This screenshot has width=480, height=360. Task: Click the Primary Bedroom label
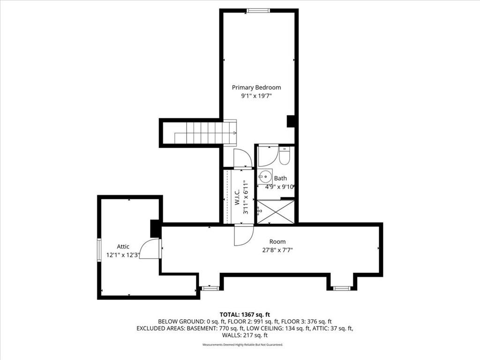pos(256,88)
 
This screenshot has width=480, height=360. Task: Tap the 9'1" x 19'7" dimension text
pos(256,96)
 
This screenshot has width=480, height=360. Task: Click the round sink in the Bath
pos(263,176)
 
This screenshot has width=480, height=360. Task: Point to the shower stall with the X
pos(276,212)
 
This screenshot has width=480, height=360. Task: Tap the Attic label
pos(123,247)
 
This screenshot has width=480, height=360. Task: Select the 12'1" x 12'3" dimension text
pos(123,255)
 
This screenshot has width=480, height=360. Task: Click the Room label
pos(277,241)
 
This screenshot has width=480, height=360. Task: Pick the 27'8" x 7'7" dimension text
pos(277,250)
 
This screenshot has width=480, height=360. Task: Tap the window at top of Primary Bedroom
pos(258,11)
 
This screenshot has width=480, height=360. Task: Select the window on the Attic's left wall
pos(99,250)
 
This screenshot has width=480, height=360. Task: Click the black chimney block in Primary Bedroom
pos(291,121)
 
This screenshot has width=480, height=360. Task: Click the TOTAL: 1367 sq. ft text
pos(245,315)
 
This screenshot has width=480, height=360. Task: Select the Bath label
pos(280,178)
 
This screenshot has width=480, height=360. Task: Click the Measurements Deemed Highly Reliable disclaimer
pos(243,345)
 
